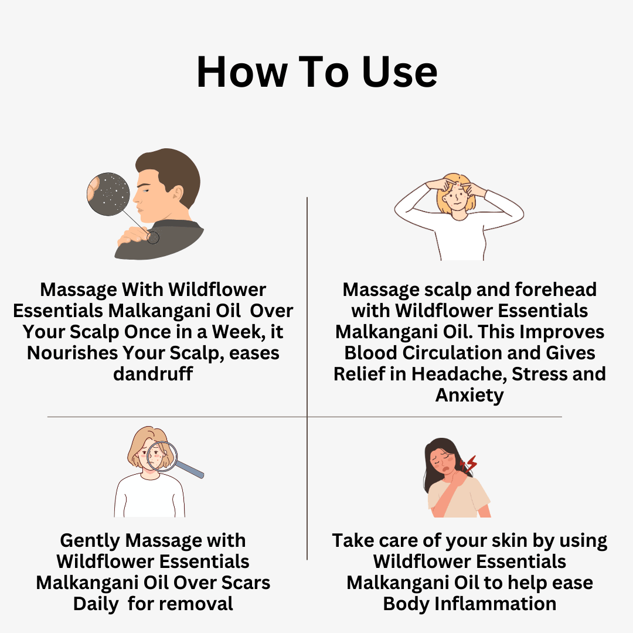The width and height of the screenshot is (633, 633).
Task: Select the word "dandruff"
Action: [153, 374]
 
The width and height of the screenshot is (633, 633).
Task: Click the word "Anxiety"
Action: [469, 395]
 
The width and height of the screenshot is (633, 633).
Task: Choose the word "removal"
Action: [198, 604]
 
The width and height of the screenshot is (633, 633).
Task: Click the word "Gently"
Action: [91, 540]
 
